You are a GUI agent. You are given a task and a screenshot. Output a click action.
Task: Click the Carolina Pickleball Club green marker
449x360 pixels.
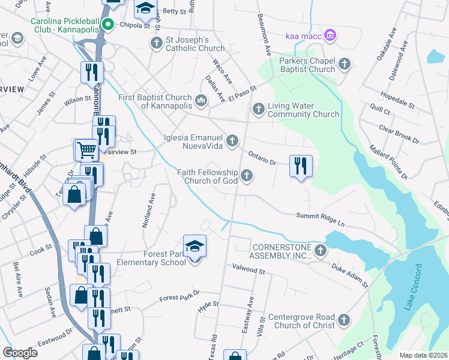point(108,25)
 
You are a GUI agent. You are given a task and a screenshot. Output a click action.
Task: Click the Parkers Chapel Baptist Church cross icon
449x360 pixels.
point(345,64)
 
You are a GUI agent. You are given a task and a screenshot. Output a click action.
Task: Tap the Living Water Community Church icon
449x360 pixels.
point(258,109)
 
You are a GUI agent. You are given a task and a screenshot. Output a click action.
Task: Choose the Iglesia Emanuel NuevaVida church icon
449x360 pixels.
point(232,141)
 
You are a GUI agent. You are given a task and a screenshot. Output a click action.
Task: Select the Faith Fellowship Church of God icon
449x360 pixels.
point(246,176)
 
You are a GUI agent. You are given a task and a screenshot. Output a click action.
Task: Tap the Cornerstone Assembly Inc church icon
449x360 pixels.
point(321,250)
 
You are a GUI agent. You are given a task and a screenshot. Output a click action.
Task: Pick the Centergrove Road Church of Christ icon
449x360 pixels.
point(343,321)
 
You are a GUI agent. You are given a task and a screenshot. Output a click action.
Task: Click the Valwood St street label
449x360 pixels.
point(245,271)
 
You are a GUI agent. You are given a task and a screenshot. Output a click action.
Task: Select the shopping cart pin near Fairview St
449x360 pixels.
point(86,150)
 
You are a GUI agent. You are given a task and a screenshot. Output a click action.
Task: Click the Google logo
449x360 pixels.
point(20,353)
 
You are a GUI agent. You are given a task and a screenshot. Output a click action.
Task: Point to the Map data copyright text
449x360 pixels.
point(423,355)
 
